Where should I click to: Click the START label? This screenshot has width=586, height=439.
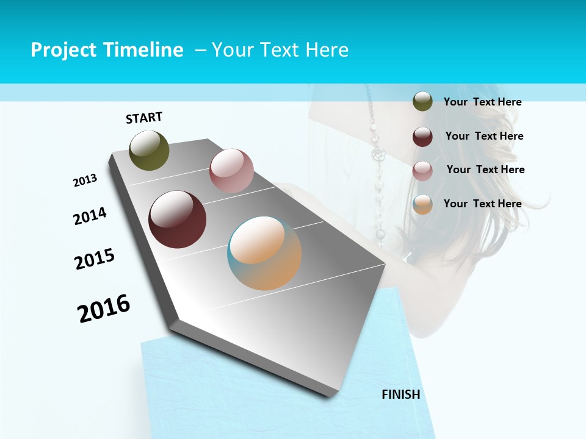pos(144,118)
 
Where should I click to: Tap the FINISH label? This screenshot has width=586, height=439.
pos(400,394)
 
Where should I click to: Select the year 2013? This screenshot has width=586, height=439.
pos(85,180)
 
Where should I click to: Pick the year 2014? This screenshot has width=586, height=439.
pos(90,216)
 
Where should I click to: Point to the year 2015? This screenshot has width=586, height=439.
pos(95,259)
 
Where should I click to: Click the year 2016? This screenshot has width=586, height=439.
pos(104,309)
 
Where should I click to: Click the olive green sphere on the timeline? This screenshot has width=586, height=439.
pos(149,151)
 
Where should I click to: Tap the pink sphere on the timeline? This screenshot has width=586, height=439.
pos(231,171)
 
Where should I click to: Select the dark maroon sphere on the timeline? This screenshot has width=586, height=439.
pos(177,220)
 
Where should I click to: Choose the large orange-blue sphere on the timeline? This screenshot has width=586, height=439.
pos(264,253)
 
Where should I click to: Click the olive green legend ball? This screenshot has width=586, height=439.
pos(422,101)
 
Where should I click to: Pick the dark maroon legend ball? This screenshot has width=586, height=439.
pos(422,136)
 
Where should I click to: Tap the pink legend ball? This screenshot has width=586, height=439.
pos(422,170)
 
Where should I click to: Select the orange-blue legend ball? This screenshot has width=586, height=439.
pos(422,204)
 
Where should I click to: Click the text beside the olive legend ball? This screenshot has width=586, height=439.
pos(482,102)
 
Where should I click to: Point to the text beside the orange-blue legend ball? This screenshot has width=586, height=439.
pos(482,204)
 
